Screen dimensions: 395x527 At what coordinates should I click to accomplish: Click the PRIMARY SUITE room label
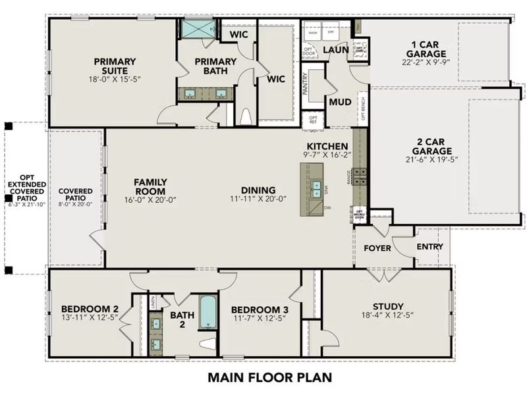point(110,66)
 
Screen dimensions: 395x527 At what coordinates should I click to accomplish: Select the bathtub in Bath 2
point(208,313)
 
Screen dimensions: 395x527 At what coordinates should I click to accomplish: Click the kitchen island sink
point(316,189)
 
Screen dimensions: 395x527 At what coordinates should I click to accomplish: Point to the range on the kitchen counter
point(360,176)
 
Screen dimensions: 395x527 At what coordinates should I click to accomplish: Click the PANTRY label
point(306,84)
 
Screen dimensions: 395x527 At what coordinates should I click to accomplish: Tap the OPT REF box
point(313,120)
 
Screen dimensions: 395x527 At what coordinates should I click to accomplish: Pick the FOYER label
point(377,248)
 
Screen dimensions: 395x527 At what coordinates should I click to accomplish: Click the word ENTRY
point(430,247)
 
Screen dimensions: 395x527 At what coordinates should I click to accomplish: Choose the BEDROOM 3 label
point(260,309)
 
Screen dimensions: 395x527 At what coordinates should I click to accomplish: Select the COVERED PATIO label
point(76,195)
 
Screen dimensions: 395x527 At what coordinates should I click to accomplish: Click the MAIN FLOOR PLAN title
point(269,378)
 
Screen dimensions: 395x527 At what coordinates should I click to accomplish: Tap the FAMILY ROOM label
point(150,186)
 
